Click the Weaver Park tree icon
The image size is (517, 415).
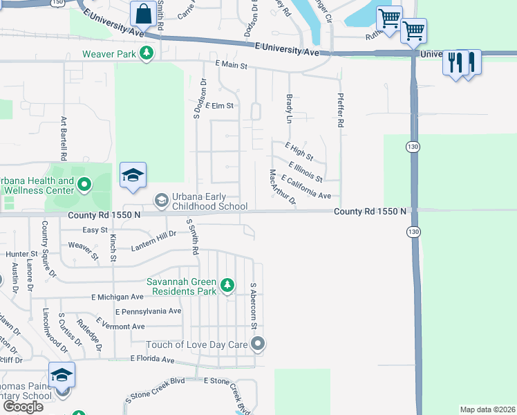[146, 53]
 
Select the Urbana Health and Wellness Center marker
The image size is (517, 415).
[84, 184]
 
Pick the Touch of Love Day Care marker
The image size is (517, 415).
[258, 344]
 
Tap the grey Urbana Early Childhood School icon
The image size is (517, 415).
[161, 201]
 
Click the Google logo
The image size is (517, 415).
[23, 406]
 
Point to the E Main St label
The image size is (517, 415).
[231, 65]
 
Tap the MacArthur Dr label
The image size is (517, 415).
[283, 187]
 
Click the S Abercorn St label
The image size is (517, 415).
[254, 306]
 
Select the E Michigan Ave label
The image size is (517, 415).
[117, 297]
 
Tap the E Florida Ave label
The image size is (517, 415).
[153, 360]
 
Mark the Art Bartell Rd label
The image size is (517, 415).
[63, 135]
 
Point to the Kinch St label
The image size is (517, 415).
[112, 247]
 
